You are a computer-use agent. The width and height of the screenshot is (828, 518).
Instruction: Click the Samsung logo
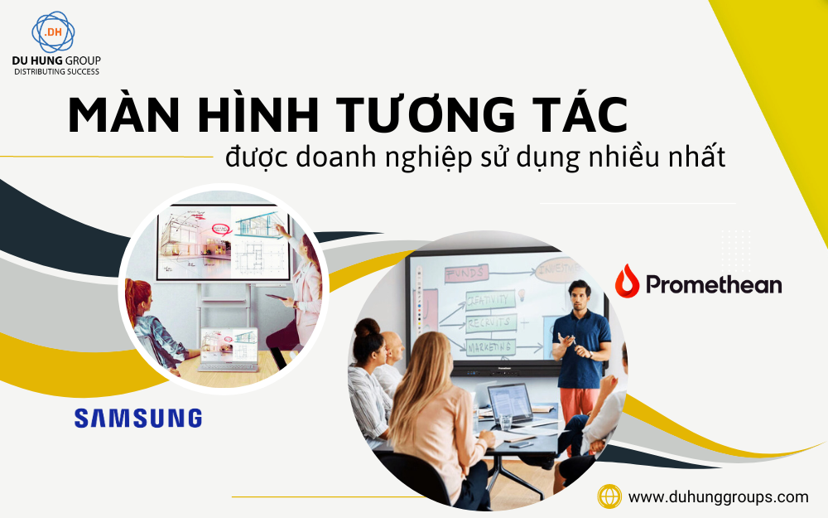click(x=137, y=418)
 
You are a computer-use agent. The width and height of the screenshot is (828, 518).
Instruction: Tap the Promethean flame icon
click(x=627, y=283)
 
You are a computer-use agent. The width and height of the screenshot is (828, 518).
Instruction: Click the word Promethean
click(x=713, y=285)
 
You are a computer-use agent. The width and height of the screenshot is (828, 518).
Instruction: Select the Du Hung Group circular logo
click(x=53, y=33)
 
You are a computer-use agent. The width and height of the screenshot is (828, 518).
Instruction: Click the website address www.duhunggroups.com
click(x=718, y=497)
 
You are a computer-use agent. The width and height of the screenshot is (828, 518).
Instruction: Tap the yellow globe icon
click(x=609, y=497)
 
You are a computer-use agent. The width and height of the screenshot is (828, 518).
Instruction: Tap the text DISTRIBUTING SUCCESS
click(x=56, y=72)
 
